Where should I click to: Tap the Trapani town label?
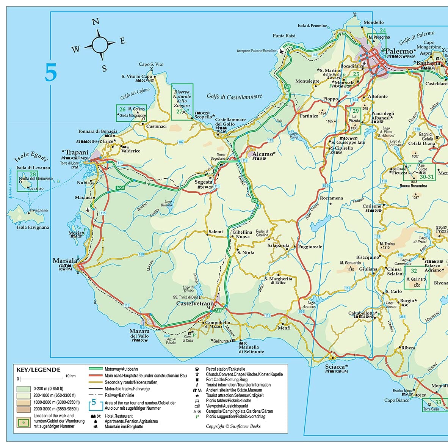(x=77, y=152)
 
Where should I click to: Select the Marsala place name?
(x=65, y=261)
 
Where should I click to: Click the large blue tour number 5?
(x=51, y=73)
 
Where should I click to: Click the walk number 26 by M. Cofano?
(x=122, y=109)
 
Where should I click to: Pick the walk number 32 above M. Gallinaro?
(x=414, y=270)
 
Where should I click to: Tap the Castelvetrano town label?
(x=196, y=304)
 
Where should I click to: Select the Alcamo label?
(x=263, y=154)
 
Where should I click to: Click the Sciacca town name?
(x=335, y=366)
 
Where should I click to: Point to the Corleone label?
(x=372, y=206)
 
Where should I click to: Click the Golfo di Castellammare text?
(x=234, y=97)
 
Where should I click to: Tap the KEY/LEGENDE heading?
(x=38, y=369)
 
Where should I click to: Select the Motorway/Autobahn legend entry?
(x=121, y=369)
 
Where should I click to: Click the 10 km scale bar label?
(x=70, y=376)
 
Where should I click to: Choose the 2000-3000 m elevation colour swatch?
(x=23, y=409)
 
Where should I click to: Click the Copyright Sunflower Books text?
(x=233, y=426)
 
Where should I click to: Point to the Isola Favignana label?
(x=33, y=227)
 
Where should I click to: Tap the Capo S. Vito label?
(x=151, y=64)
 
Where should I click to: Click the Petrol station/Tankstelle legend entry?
(x=225, y=369)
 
